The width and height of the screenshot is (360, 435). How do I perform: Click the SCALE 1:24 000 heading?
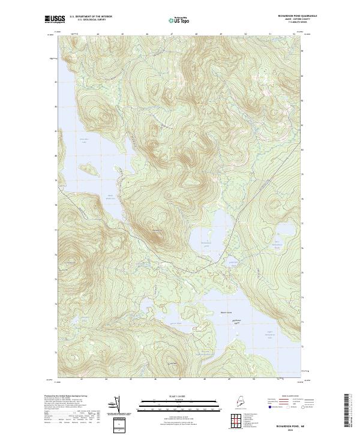[x=179, y=395]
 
